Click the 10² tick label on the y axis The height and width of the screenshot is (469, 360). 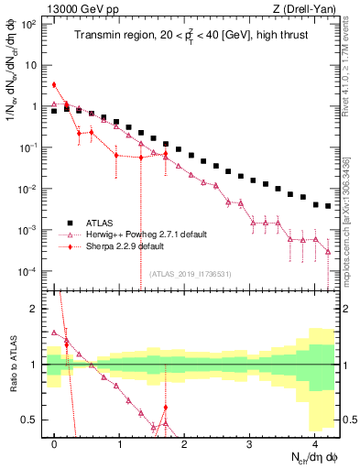pos(29,23)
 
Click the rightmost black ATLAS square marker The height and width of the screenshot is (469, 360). pos(328,206)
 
